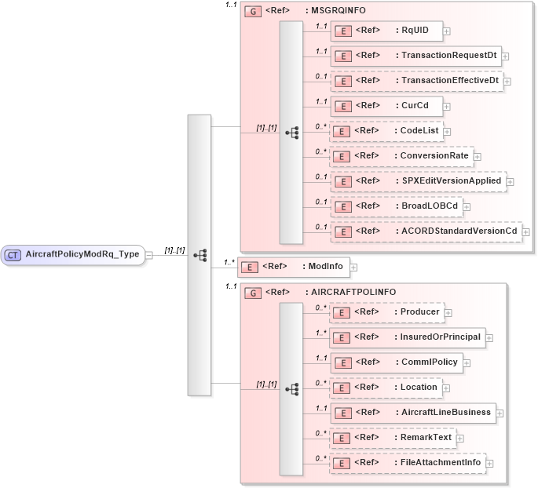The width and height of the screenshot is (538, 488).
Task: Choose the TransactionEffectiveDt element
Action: click(x=416, y=80)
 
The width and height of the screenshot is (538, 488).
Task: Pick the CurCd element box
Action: click(x=385, y=105)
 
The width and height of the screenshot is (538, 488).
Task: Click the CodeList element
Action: click(x=385, y=130)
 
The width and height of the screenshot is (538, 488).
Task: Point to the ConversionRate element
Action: click(x=401, y=155)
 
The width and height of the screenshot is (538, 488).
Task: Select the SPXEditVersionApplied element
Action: click(x=417, y=180)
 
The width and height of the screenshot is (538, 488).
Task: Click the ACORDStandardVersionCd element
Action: click(x=425, y=231)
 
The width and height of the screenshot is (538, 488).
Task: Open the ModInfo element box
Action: click(x=294, y=267)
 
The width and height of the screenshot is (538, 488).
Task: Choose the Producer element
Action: click(x=385, y=312)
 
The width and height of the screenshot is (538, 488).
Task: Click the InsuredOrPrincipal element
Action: click(x=407, y=337)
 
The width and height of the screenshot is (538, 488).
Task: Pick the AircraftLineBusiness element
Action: click(x=412, y=412)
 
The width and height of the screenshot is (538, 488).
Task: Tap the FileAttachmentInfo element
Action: click(x=407, y=463)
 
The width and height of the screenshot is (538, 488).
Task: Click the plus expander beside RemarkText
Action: click(x=460, y=439)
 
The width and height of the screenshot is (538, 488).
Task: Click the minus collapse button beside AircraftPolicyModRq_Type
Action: click(x=149, y=255)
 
